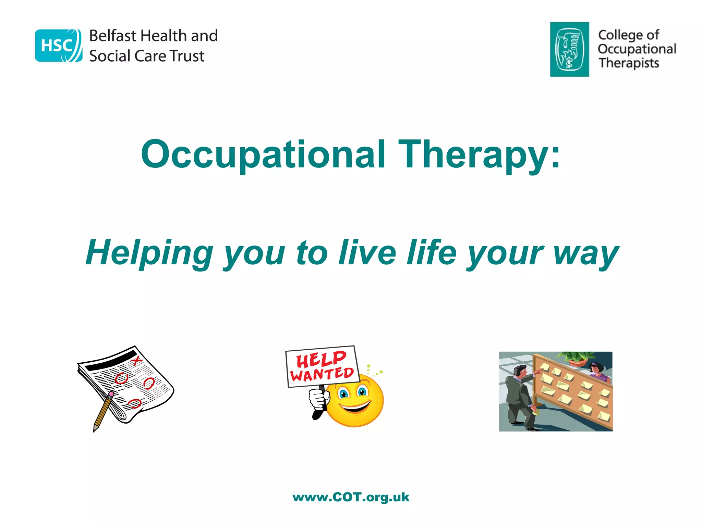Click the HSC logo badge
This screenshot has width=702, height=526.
click(x=59, y=46)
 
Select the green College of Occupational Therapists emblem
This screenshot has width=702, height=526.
click(x=569, y=49)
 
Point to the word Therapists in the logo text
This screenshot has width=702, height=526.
click(x=629, y=63)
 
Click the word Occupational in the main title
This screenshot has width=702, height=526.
click(x=263, y=155)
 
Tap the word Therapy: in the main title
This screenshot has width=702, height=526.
click(x=479, y=155)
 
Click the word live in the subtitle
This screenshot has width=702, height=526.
click(x=367, y=253)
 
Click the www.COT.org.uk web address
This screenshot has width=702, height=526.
click(x=351, y=497)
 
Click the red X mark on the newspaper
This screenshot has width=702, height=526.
click(x=136, y=360)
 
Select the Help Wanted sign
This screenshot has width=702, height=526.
click(x=322, y=366)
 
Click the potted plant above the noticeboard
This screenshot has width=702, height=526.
click(x=579, y=358)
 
